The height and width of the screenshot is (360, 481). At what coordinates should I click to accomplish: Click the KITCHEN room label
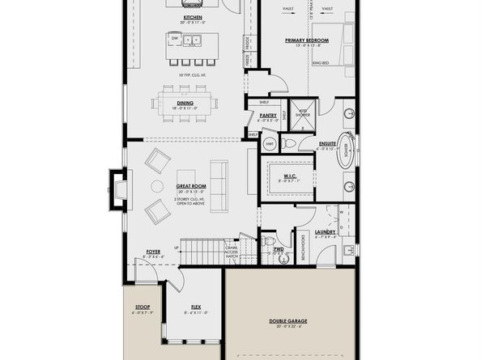pyautogui.click(x=193, y=16)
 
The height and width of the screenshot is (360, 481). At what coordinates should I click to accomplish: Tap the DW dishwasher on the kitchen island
pyautogui.click(x=175, y=37)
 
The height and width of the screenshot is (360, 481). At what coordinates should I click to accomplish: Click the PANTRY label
pyautogui.click(x=269, y=116)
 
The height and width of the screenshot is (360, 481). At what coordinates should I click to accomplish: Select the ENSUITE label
pyautogui.click(x=327, y=143)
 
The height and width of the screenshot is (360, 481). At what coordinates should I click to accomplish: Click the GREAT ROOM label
pyautogui.click(x=193, y=187)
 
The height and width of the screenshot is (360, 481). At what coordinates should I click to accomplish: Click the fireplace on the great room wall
pyautogui.click(x=117, y=190)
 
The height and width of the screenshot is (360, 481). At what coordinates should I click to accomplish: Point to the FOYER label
pyautogui.click(x=154, y=252)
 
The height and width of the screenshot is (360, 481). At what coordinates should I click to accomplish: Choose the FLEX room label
pyautogui.click(x=196, y=307)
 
